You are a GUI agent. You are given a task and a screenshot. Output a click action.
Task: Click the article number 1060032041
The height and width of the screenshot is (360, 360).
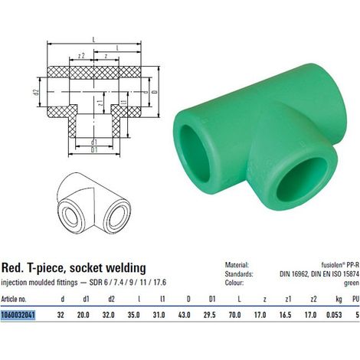(18, 315)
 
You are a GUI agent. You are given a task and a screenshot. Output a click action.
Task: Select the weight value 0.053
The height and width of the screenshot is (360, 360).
(334, 315)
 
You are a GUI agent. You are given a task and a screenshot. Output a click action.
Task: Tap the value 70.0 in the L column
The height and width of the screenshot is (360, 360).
(235, 315)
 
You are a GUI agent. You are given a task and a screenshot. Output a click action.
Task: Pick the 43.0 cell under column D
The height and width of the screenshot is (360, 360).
(184, 315)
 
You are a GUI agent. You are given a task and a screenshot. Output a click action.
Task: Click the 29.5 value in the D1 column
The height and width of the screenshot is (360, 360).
(210, 315)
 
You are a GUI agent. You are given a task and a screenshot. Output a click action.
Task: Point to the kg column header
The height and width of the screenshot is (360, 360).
(339, 299)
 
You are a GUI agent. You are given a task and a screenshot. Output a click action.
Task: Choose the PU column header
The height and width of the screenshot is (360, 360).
(355, 299)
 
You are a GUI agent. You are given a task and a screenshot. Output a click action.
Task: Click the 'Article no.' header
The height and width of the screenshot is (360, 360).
(14, 299)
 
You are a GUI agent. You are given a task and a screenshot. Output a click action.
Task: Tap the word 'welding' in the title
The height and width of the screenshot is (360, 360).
(126, 268)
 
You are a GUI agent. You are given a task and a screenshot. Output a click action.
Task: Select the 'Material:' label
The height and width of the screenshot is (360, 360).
(237, 265)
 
